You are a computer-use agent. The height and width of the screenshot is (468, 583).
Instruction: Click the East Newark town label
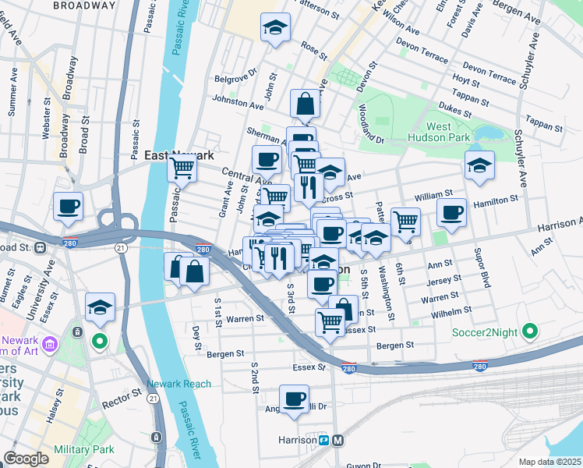[x=179, y=155]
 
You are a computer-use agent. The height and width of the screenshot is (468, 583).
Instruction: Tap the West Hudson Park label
[x=449, y=132]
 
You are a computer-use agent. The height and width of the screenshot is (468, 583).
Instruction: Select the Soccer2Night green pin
[x=531, y=331]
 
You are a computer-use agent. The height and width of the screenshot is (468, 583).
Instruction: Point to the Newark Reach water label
[x=179, y=384]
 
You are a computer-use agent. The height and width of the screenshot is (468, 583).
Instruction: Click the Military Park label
[x=84, y=449]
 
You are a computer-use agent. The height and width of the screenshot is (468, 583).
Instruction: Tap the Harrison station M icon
[x=338, y=440]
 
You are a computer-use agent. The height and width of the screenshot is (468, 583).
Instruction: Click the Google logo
[x=26, y=459]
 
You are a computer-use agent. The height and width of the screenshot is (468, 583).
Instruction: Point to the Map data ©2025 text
[x=549, y=462]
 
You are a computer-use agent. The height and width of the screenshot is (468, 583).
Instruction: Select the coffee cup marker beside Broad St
[x=68, y=207]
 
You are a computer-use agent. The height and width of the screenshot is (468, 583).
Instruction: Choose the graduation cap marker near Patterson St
[x=275, y=28]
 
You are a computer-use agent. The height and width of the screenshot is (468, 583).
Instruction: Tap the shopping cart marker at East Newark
[x=182, y=166]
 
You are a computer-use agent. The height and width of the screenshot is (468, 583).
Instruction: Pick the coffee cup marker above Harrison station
[x=294, y=399]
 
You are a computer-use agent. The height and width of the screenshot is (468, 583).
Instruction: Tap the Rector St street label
[x=118, y=404]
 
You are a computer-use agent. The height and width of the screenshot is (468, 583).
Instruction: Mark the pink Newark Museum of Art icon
[x=50, y=344]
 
